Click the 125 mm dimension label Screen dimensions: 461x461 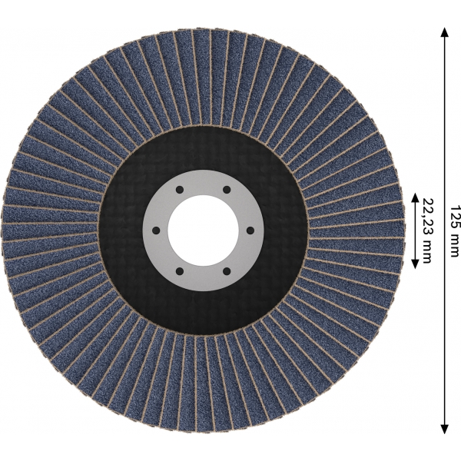point(454,230)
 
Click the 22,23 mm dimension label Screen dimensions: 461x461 point(427,230)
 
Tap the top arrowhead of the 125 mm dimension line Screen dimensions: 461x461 point(445,32)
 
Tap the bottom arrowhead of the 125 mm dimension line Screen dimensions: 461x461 point(445,429)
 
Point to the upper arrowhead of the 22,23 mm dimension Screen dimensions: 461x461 point(415,197)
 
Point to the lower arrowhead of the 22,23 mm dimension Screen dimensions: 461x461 point(415,264)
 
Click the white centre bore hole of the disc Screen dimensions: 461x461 point(203,230)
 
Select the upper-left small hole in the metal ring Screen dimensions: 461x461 point(180,190)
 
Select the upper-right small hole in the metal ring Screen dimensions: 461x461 point(227,190)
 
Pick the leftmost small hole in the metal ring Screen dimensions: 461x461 point(156,230)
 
